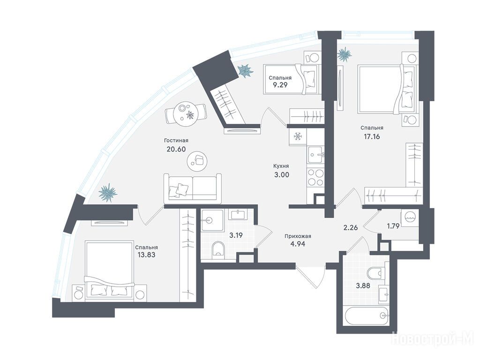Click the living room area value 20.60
click(176, 149)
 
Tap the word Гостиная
click(176, 141)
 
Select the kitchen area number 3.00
click(281, 175)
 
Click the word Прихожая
click(298, 236)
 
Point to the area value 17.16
click(372, 136)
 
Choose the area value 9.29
click(280, 85)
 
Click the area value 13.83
click(147, 255)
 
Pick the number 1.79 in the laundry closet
click(393, 226)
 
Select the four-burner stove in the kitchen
click(315, 177)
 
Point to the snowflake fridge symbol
click(297, 136)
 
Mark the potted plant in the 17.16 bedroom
click(345, 55)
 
